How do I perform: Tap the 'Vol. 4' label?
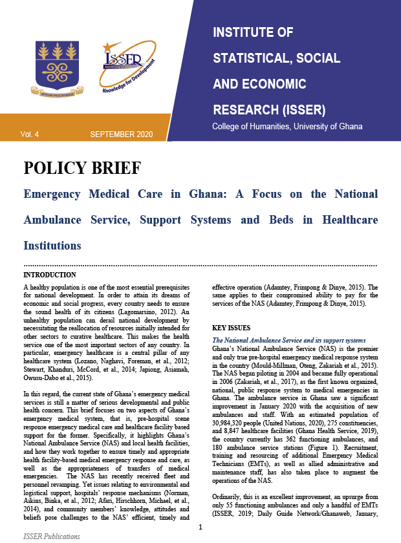point(30,134)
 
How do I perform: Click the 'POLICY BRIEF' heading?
point(81,169)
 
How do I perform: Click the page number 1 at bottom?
point(200,527)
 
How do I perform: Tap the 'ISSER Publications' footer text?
point(52,536)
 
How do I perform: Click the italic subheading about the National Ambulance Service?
point(289,340)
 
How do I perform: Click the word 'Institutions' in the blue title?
point(52,246)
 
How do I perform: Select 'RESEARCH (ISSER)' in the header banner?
point(268,107)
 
